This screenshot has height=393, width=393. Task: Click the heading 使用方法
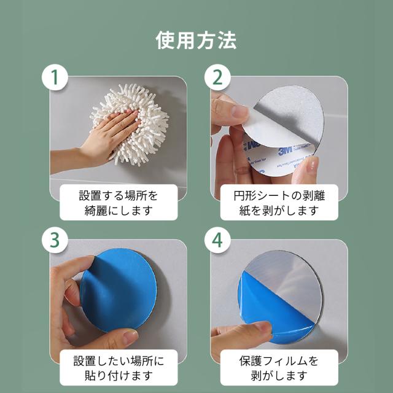[196, 40]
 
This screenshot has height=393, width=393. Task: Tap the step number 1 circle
[55, 77]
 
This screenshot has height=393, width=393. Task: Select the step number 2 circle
[217, 77]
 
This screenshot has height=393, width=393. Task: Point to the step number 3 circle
[55, 240]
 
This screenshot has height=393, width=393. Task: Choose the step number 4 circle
[217, 240]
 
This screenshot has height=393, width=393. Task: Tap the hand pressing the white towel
[100, 141]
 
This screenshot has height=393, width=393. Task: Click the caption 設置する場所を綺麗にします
[119, 203]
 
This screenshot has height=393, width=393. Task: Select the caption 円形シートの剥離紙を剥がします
[279, 203]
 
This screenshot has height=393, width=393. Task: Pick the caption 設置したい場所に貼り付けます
[119, 368]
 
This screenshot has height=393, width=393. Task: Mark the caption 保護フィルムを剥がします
[279, 368]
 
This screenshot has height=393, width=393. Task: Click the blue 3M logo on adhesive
[285, 151]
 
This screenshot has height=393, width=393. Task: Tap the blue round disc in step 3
[119, 290]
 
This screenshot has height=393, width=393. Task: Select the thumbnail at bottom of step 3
[130, 336]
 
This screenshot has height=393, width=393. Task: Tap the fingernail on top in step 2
[239, 111]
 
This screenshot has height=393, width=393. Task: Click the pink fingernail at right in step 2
[312, 165]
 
